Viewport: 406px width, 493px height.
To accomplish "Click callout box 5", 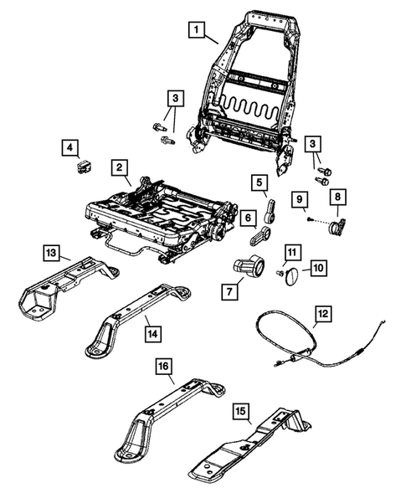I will (x=260, y=182).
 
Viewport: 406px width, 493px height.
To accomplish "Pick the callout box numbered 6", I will (x=248, y=218).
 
